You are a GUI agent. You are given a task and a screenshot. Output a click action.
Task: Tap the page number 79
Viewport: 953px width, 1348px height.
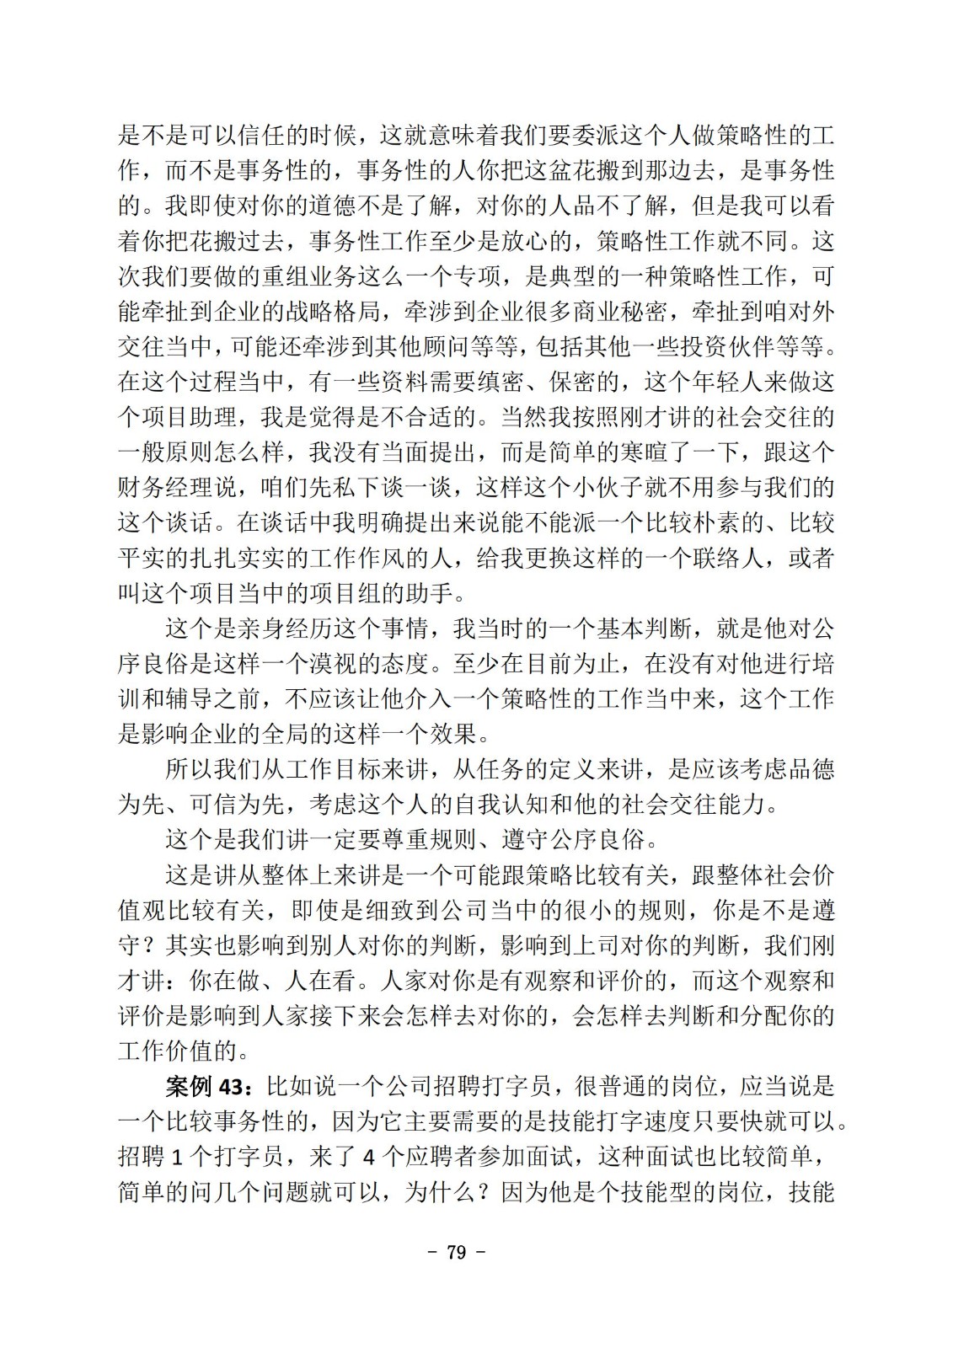(457, 1253)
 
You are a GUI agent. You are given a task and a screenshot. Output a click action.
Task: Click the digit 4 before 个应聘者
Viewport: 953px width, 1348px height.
(368, 1158)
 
